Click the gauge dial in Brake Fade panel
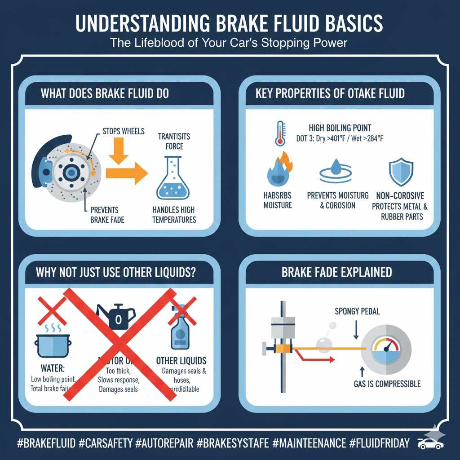coord(386,349)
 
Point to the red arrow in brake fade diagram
coord(314,358)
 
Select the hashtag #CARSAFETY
coord(106,443)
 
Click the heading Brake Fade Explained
coord(336,272)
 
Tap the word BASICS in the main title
coord(351,24)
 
